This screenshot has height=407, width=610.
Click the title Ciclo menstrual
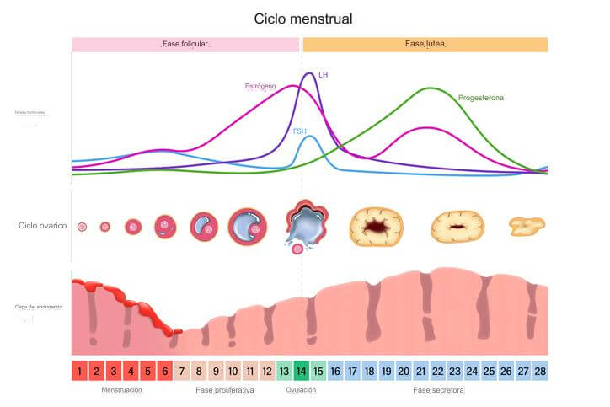point(303,18)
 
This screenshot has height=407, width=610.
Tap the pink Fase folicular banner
point(185,44)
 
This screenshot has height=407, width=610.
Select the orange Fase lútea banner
point(425,44)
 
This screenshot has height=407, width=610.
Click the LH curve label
point(324,75)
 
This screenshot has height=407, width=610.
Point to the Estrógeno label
point(260,86)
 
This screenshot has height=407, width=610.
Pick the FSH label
point(300,131)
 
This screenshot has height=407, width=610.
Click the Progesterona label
point(481,99)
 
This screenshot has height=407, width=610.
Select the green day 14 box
point(301,371)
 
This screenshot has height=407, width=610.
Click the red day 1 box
point(79,371)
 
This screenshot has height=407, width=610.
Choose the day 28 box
point(539,371)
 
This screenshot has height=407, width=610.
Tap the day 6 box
point(164,371)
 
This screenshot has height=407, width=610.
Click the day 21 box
point(420,371)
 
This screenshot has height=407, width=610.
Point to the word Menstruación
point(121,390)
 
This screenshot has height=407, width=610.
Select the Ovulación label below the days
point(301,390)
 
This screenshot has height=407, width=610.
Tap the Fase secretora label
point(438,390)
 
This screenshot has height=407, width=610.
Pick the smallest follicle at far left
point(82,227)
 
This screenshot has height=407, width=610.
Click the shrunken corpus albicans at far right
point(527,225)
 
